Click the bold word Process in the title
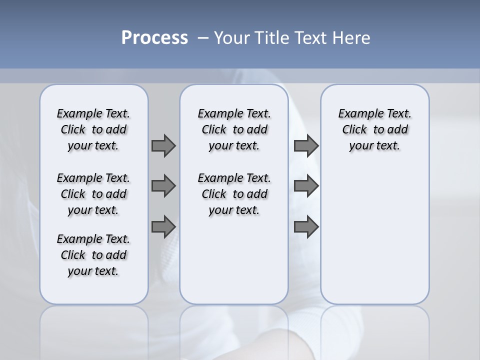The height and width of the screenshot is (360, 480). point(154,38)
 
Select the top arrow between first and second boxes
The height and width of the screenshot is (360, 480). point(163,145)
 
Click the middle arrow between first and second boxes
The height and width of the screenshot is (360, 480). point(163,186)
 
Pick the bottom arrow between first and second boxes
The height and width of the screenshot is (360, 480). point(163,227)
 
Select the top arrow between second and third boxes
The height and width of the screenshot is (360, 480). point(306,145)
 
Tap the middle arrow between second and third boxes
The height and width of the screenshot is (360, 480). point(306,186)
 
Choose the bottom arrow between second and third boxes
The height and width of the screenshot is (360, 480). point(306,227)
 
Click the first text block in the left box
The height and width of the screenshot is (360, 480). point(93,129)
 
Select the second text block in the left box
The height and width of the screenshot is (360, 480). point(93,194)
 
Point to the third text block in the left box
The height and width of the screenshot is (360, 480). point(93,255)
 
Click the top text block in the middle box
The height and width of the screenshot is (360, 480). point(234,129)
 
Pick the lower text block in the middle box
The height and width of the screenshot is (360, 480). point(234,194)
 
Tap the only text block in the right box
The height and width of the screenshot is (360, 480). point(375,129)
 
